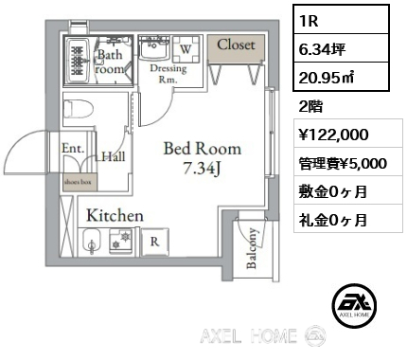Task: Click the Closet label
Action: pyautogui.click(x=236, y=45)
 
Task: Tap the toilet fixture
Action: pyautogui.click(x=79, y=109)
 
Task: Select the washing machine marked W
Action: pyautogui.click(x=186, y=49)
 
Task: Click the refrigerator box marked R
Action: pyautogui.click(x=154, y=242)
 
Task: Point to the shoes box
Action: pyautogui.click(x=80, y=182)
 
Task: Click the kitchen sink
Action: pyautogui.click(x=92, y=242)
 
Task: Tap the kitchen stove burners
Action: pyautogui.click(x=121, y=242)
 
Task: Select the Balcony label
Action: pyautogui.click(x=252, y=248)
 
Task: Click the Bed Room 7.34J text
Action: pyautogui.click(x=203, y=158)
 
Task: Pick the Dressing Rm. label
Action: pyautogui.click(x=168, y=73)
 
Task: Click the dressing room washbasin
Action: pyautogui.click(x=154, y=48)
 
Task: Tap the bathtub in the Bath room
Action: pyautogui.click(x=79, y=61)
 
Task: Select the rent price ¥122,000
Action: pyautogui.click(x=333, y=135)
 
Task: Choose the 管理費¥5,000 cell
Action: pyautogui.click(x=343, y=164)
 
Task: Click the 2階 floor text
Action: pyautogui.click(x=310, y=107)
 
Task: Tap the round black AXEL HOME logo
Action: pyautogui.click(x=354, y=305)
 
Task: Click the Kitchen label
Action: pyautogui.click(x=115, y=216)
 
